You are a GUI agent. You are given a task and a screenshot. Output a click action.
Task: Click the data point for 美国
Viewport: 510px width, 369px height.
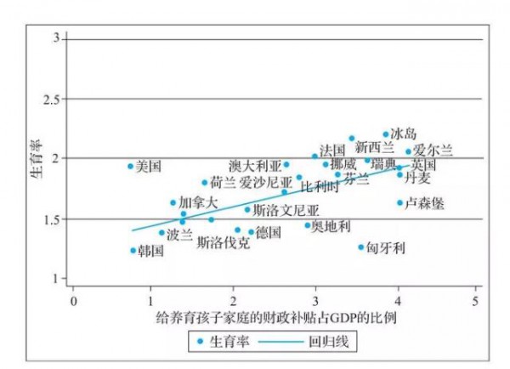pos(131,166)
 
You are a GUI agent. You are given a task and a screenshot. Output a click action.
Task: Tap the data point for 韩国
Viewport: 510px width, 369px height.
pos(133,250)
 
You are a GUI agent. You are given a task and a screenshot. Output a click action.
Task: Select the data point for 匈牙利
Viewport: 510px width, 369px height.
pos(360,247)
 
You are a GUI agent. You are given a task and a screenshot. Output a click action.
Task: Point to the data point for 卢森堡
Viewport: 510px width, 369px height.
pos(399,202)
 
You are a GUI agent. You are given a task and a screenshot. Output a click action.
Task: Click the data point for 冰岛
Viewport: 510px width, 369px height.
pos(386,134)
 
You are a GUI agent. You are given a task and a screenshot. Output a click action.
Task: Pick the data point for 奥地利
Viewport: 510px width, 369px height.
pos(308,225)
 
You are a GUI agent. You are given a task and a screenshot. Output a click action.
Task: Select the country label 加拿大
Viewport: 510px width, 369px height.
pos(198,202)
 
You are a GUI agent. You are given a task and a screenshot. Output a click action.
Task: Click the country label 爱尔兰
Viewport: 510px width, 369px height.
pos(433,150)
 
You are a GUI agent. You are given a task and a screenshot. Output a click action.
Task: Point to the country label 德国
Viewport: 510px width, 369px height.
pos(269,232)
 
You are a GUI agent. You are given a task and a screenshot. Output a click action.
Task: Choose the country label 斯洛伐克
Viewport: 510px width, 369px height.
pos(223,242)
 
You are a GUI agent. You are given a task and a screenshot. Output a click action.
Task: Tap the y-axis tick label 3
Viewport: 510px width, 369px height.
pos(56,39)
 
